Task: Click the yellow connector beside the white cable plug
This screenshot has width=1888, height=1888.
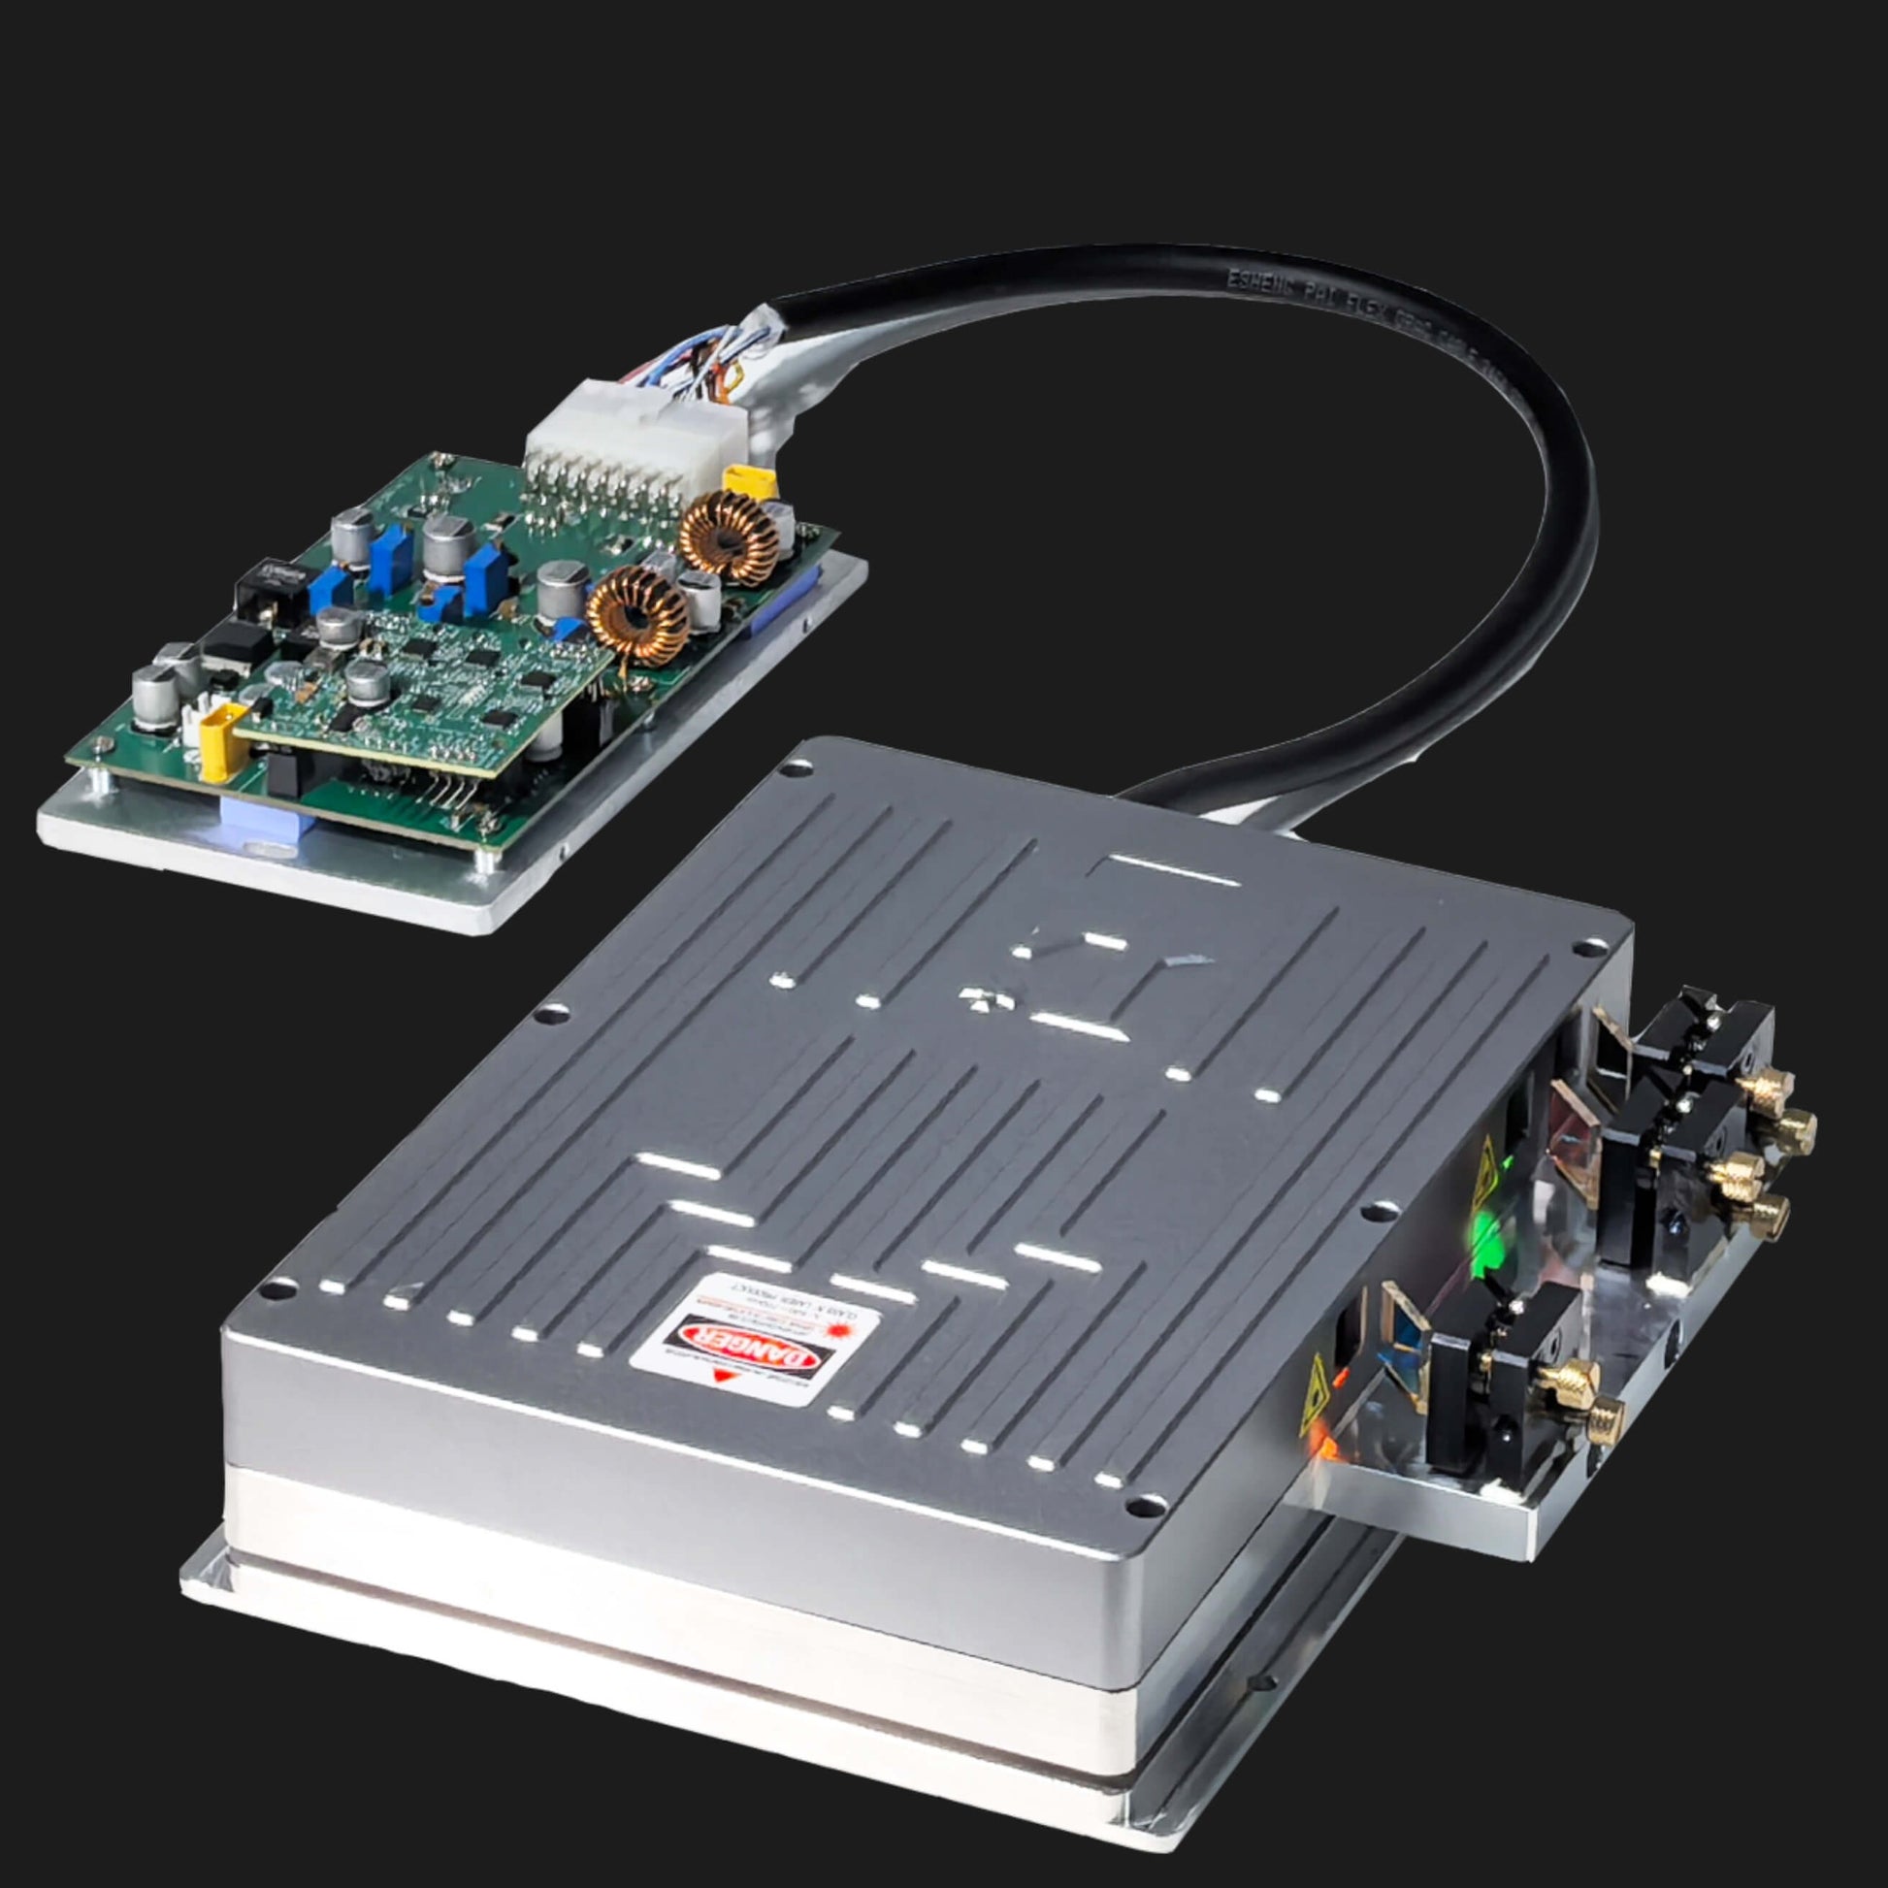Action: [750, 481]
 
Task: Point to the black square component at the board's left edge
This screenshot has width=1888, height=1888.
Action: [257, 594]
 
